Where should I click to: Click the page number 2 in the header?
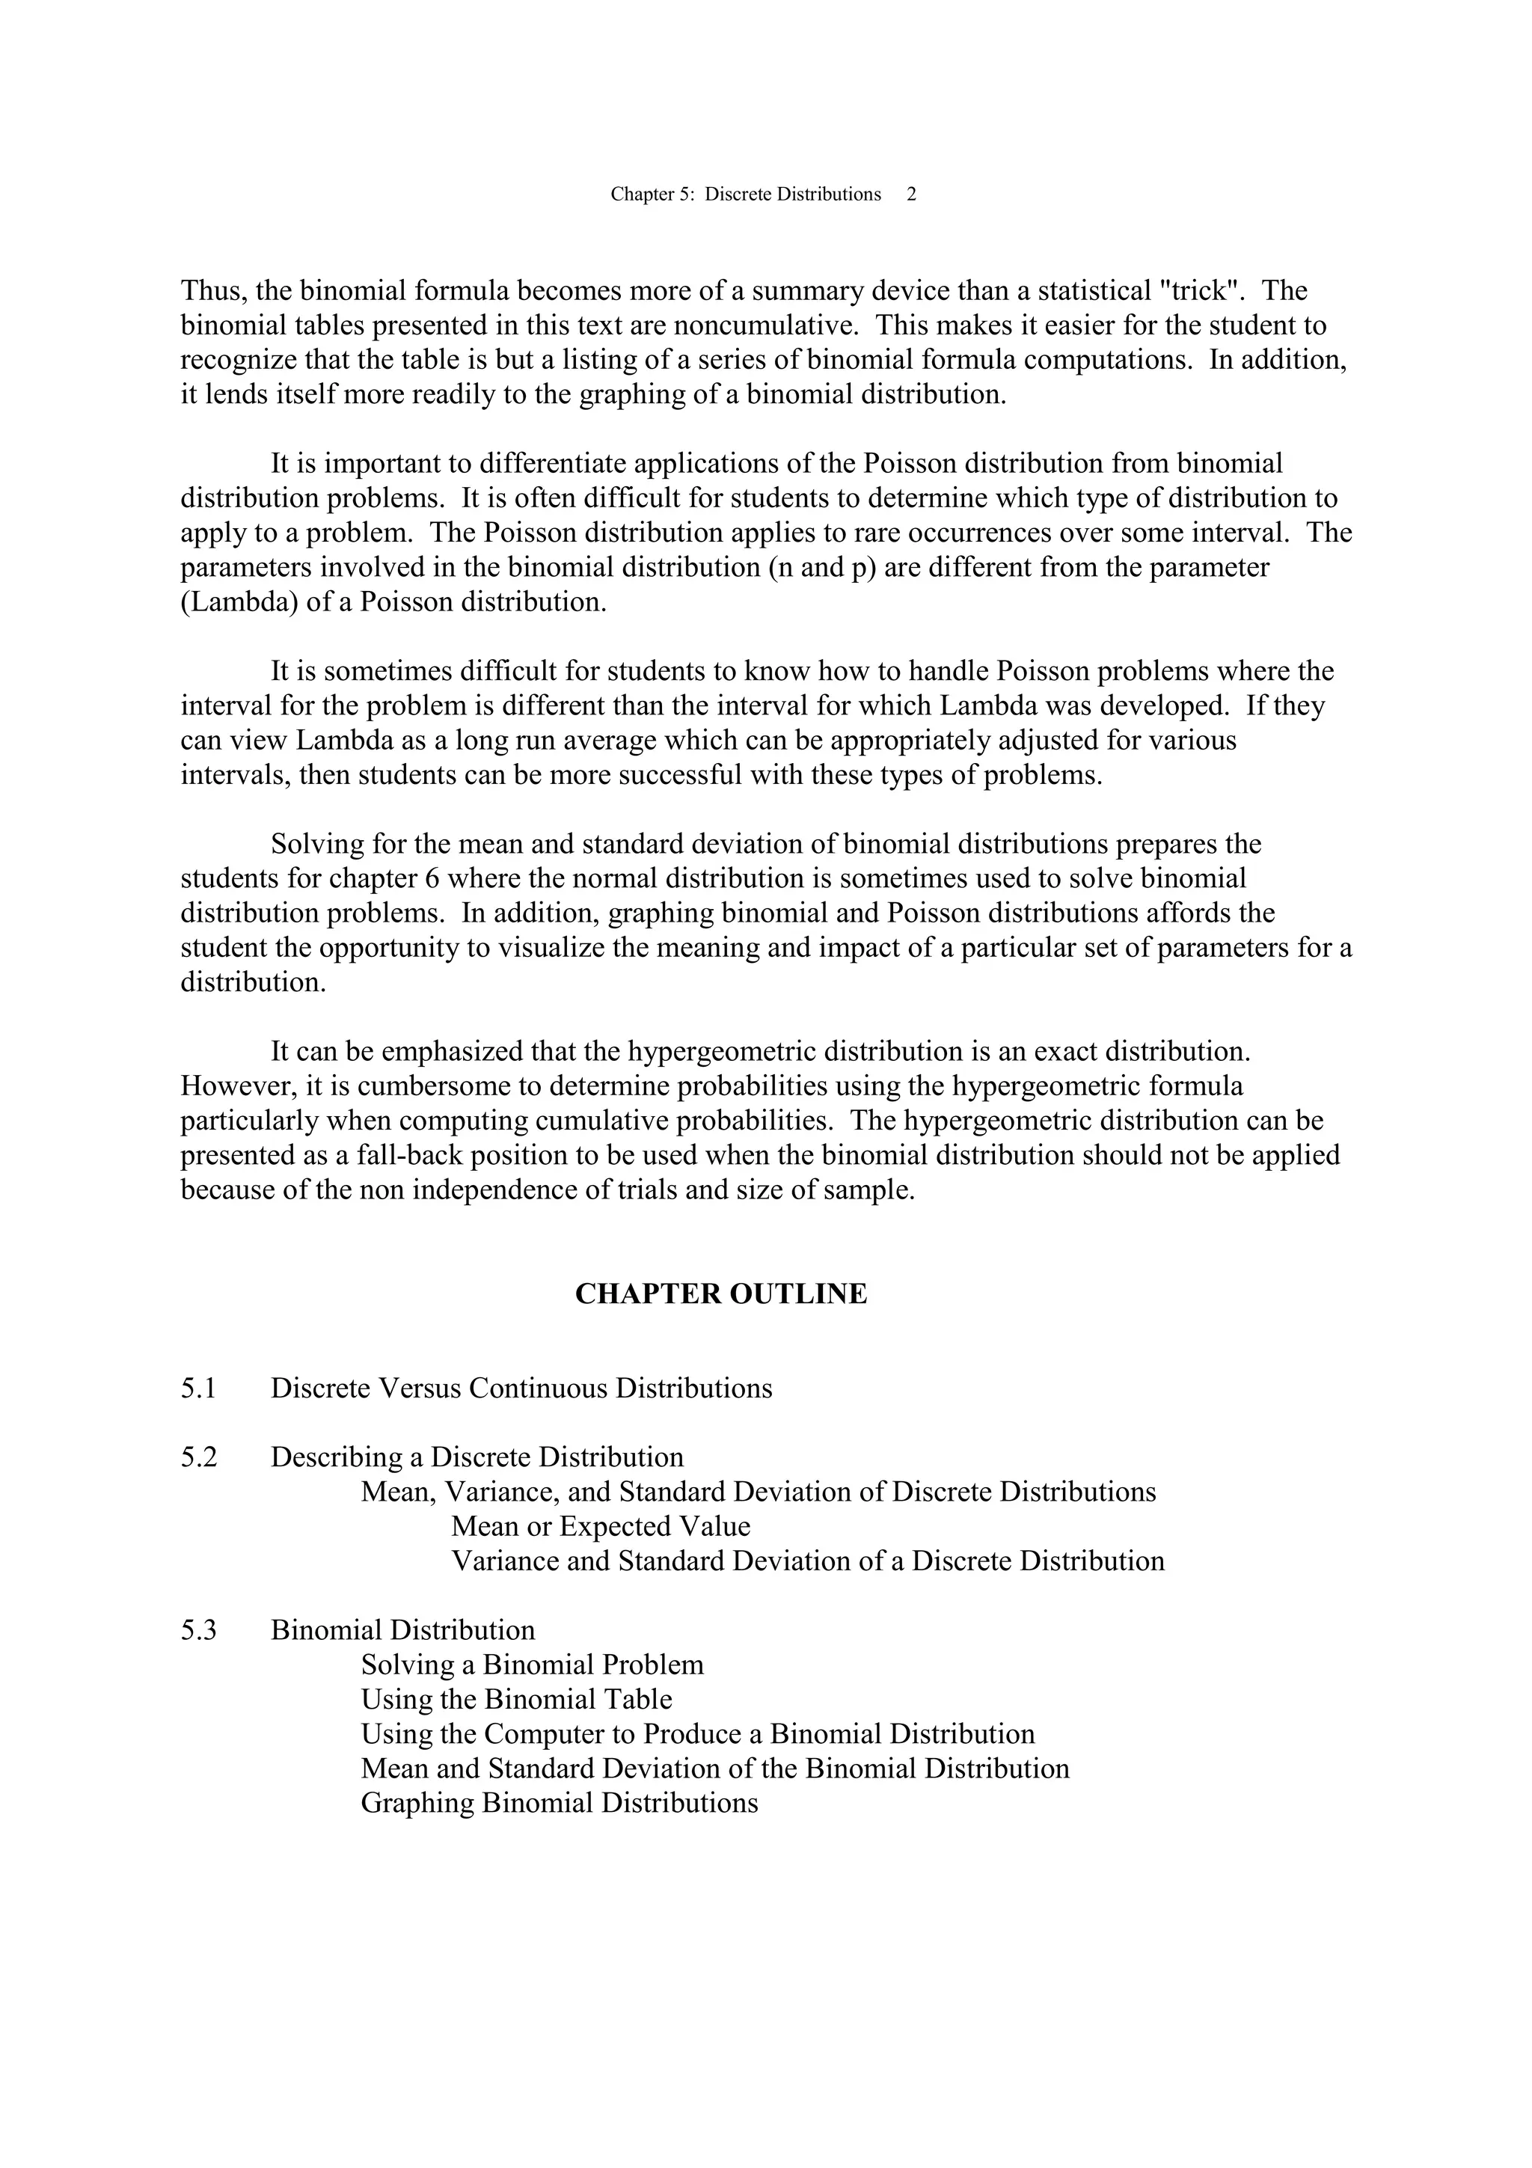click(911, 195)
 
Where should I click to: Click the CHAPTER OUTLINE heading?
click(720, 1293)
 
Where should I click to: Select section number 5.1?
click(198, 1388)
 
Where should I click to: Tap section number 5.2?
click(198, 1457)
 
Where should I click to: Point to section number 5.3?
click(198, 1630)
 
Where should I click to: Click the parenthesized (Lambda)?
click(240, 602)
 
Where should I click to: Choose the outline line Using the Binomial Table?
click(516, 1700)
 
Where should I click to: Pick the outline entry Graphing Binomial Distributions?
click(559, 1804)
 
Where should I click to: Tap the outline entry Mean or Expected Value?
click(601, 1527)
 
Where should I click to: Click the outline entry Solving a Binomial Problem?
click(533, 1665)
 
